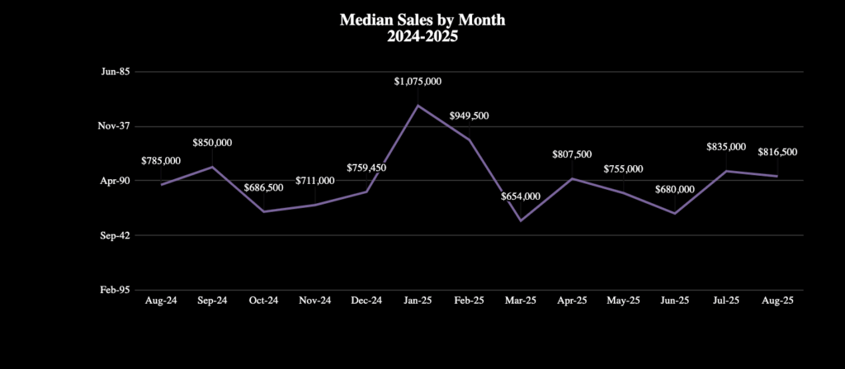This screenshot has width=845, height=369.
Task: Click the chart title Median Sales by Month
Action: click(422, 19)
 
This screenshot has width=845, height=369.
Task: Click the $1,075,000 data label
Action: click(418, 81)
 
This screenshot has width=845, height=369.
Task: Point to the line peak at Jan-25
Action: click(418, 105)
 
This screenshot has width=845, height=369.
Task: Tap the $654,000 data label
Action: click(521, 196)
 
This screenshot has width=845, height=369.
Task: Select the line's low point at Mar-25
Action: click(521, 220)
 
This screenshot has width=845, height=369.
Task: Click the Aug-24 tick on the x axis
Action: click(161, 301)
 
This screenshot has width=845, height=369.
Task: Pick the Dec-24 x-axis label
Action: click(366, 301)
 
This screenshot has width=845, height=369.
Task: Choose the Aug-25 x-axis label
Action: click(777, 301)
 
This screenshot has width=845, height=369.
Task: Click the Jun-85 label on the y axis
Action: click(115, 72)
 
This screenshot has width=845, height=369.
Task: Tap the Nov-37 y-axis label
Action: click(114, 126)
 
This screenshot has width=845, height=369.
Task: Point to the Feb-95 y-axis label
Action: click(115, 290)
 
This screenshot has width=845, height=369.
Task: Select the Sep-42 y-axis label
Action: click(115, 235)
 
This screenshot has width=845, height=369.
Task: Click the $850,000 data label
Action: click(212, 143)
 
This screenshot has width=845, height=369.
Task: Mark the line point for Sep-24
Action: click(213, 167)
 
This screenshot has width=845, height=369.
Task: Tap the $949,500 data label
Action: click(469, 116)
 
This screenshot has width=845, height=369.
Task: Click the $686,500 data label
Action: click(263, 187)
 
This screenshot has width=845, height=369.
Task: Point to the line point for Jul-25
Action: click(726, 171)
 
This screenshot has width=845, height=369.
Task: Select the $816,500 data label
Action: click(777, 152)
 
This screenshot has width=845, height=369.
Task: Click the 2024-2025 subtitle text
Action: click(422, 36)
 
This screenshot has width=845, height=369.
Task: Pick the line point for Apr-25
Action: click(572, 178)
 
